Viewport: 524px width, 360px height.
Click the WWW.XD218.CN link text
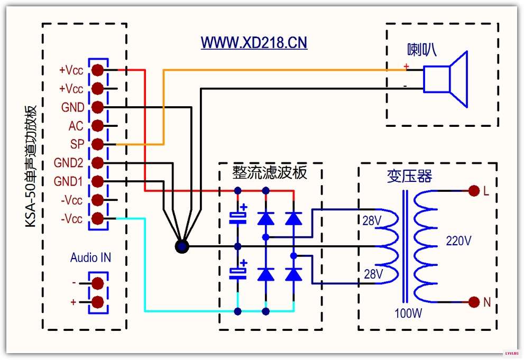(x=254, y=43)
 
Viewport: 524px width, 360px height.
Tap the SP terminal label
(x=77, y=144)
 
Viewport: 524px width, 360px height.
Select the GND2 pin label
(x=68, y=163)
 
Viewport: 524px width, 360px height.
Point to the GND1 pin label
(x=68, y=181)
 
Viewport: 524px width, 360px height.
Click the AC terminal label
(x=76, y=126)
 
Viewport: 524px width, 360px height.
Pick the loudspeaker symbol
(x=445, y=79)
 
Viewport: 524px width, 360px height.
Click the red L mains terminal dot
(x=474, y=191)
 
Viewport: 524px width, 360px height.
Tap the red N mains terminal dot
(x=474, y=302)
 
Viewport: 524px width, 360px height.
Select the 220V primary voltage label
(x=458, y=241)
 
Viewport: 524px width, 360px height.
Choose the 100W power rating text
(x=408, y=313)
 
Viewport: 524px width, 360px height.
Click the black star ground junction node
(x=182, y=246)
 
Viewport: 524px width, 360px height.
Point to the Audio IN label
(x=90, y=257)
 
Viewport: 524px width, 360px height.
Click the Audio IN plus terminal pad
(x=98, y=302)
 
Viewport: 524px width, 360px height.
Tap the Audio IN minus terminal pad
(x=98, y=283)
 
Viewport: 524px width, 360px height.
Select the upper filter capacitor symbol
(x=238, y=216)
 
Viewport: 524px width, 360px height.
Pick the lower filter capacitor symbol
(x=238, y=271)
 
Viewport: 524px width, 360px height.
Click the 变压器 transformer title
(x=409, y=176)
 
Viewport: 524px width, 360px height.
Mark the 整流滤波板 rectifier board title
(x=269, y=173)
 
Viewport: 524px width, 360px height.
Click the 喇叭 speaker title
(x=422, y=50)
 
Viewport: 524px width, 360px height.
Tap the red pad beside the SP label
(x=98, y=144)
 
